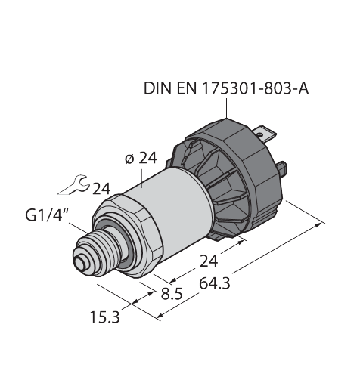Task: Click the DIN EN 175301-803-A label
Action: (226, 90)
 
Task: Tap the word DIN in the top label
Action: (157, 90)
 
